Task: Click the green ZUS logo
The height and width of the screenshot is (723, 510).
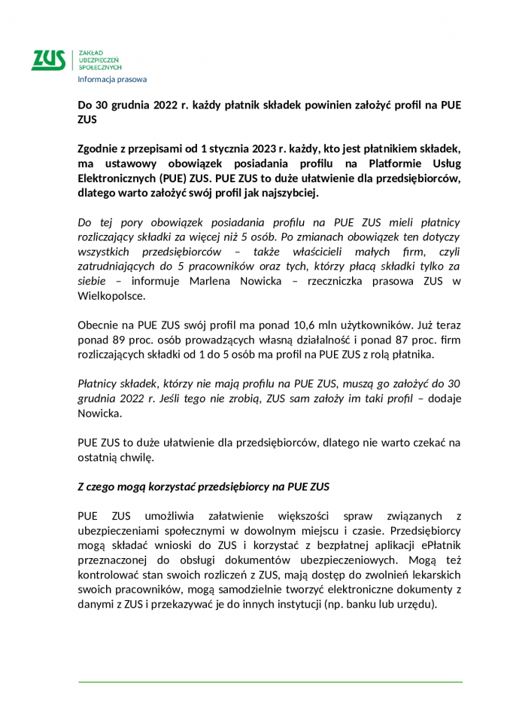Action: [47, 60]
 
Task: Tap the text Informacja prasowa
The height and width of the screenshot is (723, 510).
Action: [112, 79]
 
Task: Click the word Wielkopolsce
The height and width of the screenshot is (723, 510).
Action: [111, 296]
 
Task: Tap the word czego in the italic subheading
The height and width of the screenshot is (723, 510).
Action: [105, 487]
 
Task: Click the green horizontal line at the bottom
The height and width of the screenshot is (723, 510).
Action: [270, 682]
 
